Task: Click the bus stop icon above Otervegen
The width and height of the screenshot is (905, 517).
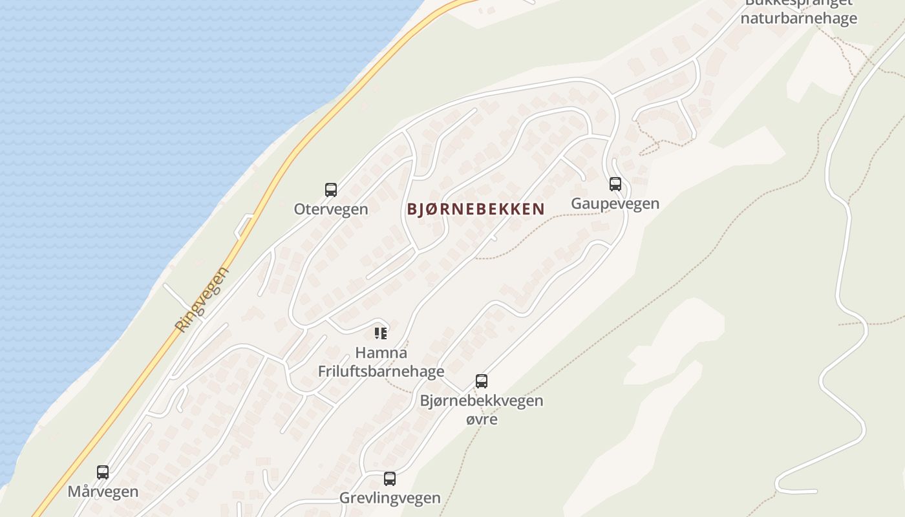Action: [x=331, y=190]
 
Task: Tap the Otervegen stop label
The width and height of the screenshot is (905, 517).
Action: [x=331, y=209]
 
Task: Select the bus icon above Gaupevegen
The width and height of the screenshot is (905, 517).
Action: [x=615, y=184]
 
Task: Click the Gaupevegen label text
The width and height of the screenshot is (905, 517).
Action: [x=615, y=204]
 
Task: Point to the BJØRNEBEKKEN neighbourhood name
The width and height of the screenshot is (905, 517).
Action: [x=476, y=209]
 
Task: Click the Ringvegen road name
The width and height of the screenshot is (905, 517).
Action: [x=202, y=299]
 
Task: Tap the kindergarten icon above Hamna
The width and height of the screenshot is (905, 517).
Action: [x=381, y=333]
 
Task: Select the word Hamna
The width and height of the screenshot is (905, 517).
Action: [x=381, y=353]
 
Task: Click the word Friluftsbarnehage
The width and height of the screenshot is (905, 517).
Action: [x=381, y=371]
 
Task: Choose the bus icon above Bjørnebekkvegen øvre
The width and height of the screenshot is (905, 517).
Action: [x=482, y=381]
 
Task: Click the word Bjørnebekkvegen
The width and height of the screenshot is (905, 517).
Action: [x=482, y=401]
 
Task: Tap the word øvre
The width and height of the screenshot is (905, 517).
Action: [x=482, y=419]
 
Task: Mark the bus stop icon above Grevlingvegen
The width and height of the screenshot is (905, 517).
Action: [x=390, y=479]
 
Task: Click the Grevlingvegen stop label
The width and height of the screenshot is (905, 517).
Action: [x=390, y=498]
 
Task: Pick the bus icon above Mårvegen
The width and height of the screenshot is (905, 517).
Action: [x=103, y=472]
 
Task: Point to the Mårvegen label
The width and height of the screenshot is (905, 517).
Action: [x=103, y=492]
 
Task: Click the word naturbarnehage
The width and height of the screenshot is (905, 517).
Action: [x=799, y=18]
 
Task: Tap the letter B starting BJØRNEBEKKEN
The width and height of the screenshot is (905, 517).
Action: [x=412, y=209]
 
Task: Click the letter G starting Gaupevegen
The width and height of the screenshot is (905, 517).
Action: [x=577, y=204]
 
